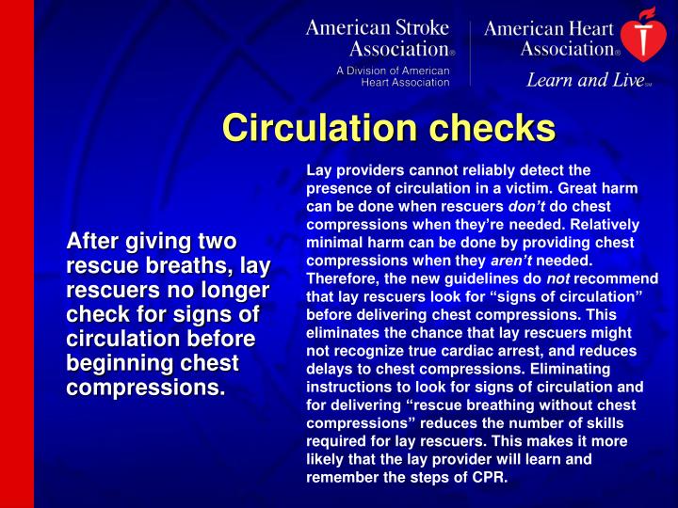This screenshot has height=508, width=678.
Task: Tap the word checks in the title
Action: tap(495, 128)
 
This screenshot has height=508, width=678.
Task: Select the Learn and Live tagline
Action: tap(584, 80)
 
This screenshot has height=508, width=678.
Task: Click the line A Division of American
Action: tap(395, 70)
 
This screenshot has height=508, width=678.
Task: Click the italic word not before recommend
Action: tap(559, 278)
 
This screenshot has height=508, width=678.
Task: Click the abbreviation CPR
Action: tap(491, 477)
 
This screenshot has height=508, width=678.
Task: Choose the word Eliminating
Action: tap(593, 369)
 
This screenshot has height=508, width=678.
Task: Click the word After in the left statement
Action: tap(90, 243)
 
